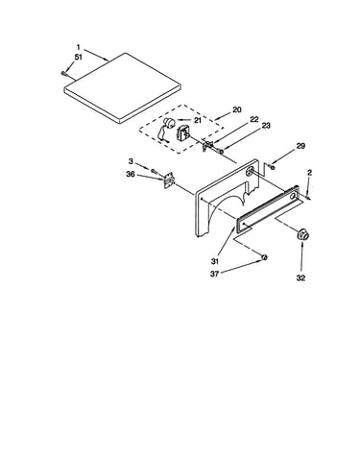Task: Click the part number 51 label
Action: click(x=79, y=58)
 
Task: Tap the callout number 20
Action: click(x=237, y=109)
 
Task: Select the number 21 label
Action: click(x=198, y=120)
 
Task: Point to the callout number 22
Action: click(x=254, y=119)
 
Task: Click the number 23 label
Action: click(x=266, y=126)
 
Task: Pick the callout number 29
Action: click(x=300, y=146)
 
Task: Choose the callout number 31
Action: click(x=215, y=261)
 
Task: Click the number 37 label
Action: click(x=214, y=275)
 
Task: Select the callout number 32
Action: click(x=300, y=278)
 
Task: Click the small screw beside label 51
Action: click(x=63, y=73)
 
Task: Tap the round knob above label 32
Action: click(x=302, y=234)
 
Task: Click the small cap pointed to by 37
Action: click(x=265, y=257)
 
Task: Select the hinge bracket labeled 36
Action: click(x=169, y=180)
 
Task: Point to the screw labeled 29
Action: click(x=272, y=167)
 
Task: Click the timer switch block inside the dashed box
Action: click(x=183, y=132)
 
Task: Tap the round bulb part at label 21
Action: click(x=169, y=122)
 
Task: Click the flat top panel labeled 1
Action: click(x=123, y=88)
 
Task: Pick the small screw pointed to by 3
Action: click(x=154, y=172)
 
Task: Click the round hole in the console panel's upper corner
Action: click(x=251, y=171)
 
